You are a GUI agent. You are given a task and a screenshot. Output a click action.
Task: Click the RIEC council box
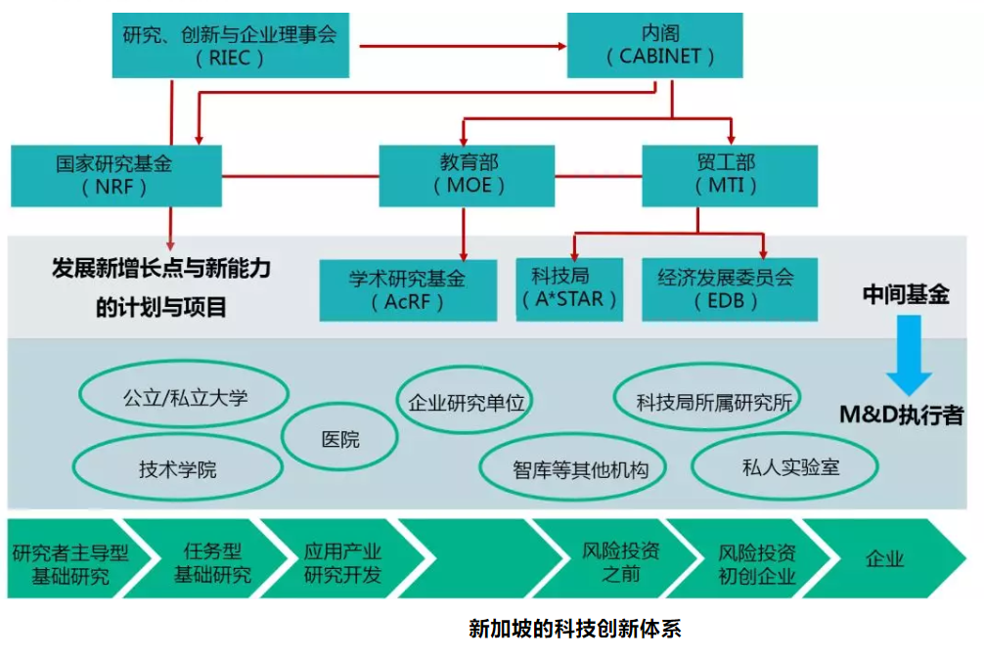[231, 45]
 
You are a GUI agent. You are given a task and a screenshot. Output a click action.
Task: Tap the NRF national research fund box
[116, 175]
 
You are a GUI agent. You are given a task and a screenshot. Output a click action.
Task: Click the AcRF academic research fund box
[408, 289]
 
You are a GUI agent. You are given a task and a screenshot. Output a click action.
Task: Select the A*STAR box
[569, 288]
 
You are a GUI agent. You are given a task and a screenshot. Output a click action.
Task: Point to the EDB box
[730, 289]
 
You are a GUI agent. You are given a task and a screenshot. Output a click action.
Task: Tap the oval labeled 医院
[340, 440]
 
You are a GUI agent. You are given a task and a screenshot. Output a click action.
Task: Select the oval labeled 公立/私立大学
[185, 398]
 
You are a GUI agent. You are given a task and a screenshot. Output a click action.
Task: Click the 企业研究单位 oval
[467, 401]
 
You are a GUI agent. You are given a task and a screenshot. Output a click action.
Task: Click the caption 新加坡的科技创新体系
[574, 629]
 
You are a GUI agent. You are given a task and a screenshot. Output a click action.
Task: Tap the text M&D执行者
[901, 415]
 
